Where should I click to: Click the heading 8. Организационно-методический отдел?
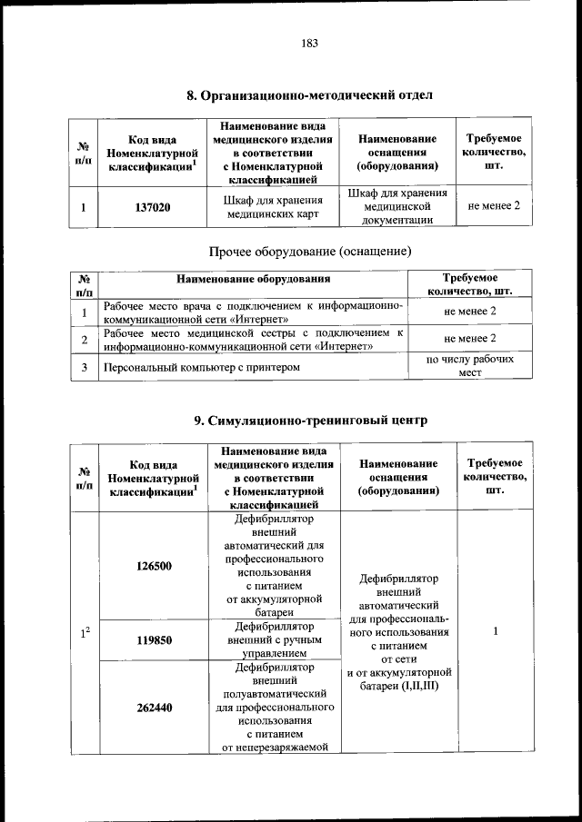pyautogui.click(x=306, y=94)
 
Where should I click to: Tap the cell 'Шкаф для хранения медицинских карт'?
pyautogui.click(x=274, y=207)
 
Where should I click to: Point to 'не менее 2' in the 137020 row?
pyautogui.click(x=494, y=206)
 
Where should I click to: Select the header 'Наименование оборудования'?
pyautogui.click(x=253, y=279)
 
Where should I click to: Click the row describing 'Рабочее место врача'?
pyautogui.click(x=253, y=312)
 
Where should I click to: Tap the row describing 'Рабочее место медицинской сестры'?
pyautogui.click(x=253, y=340)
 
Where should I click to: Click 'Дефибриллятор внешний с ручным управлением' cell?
pyautogui.click(x=274, y=639)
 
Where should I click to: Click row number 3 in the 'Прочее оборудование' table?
pyautogui.click(x=84, y=367)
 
